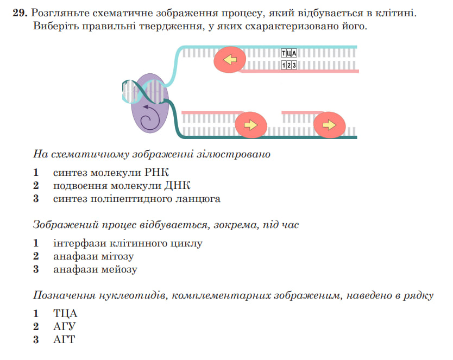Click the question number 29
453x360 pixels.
click(x=20, y=13)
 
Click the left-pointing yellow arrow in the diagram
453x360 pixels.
click(x=230, y=60)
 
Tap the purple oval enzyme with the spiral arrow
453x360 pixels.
click(x=150, y=103)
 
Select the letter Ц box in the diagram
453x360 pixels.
click(x=288, y=53)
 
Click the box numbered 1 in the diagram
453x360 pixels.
click(x=284, y=65)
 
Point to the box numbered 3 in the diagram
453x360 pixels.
click(x=294, y=65)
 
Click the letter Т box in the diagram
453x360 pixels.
click(x=284, y=53)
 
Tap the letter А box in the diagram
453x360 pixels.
click(x=294, y=53)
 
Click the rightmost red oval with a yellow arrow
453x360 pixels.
click(x=329, y=125)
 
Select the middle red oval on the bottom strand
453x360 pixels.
click(x=251, y=125)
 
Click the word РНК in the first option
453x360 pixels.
click(x=156, y=172)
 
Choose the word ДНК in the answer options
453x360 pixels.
click(x=178, y=185)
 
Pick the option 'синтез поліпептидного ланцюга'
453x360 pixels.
click(x=137, y=199)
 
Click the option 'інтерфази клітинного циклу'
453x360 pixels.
click(x=128, y=243)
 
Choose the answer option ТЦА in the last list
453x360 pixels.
click(x=65, y=314)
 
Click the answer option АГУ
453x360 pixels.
click(x=64, y=326)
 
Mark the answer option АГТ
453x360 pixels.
click(x=64, y=339)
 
